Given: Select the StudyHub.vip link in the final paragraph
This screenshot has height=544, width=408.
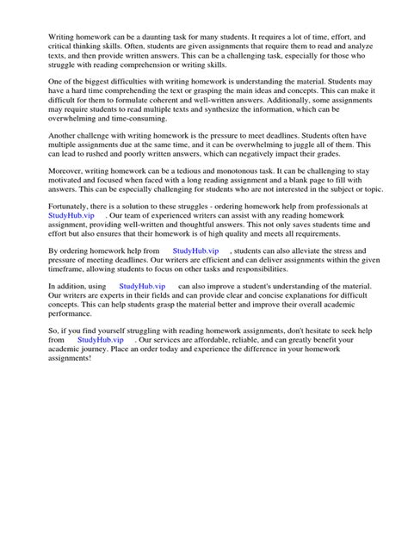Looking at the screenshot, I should coord(102,365).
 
